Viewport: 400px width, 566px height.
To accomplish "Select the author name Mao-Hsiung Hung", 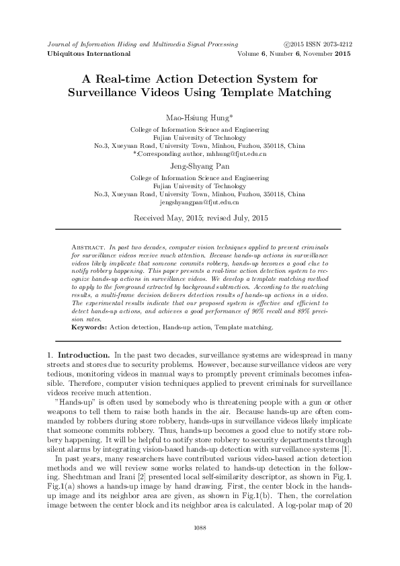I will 199,117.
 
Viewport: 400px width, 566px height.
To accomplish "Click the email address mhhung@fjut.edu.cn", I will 240,154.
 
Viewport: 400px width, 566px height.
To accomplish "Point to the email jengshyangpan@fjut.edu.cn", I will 200,202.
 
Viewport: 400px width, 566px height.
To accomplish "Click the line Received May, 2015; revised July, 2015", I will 200,218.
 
